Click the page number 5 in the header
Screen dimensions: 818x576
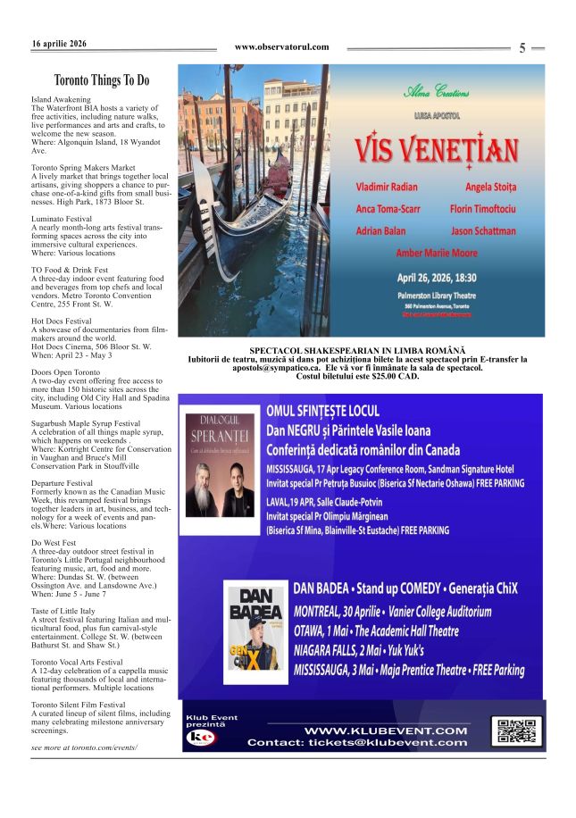point(522,48)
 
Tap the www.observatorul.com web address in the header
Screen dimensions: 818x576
point(281,47)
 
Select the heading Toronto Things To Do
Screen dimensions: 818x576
point(101,80)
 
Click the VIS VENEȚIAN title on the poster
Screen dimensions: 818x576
point(436,148)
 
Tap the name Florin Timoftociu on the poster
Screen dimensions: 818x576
point(483,210)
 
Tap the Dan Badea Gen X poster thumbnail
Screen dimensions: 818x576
point(255,632)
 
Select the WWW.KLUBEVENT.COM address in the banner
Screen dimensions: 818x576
point(386,730)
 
